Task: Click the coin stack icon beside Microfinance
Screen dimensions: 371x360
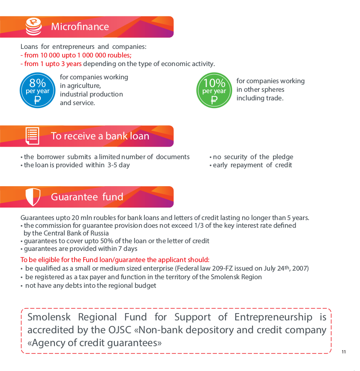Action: click(x=33, y=27)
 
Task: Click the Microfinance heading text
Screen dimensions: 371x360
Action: click(x=80, y=27)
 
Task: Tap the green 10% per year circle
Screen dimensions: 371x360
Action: click(x=214, y=90)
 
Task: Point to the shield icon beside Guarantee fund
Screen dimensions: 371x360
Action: click(x=33, y=197)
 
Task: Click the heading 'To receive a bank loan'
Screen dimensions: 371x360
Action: click(x=100, y=136)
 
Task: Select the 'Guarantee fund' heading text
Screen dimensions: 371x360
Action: click(x=87, y=197)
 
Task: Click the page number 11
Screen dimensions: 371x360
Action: click(x=344, y=352)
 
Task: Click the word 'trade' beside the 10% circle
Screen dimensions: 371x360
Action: click(x=274, y=98)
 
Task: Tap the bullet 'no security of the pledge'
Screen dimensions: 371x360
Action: click(x=253, y=157)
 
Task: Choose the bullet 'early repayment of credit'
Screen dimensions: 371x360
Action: click(x=252, y=165)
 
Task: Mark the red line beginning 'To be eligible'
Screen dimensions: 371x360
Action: click(x=115, y=259)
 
